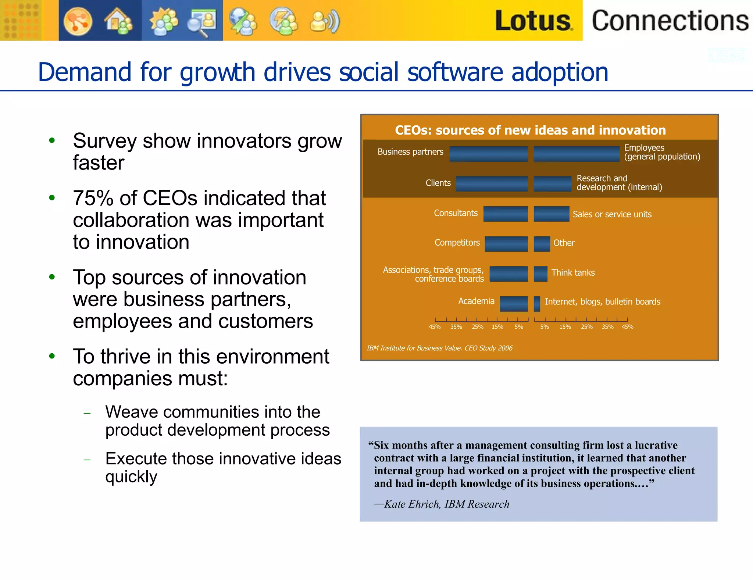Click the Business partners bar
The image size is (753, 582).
488,154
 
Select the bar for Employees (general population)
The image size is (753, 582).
576,154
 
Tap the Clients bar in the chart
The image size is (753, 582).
492,183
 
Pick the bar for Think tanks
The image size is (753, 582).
540,274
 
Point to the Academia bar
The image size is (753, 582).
514,304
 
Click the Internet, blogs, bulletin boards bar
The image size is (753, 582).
537,304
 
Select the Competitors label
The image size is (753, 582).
457,243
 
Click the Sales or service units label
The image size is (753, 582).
612,214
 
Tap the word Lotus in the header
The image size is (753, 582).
533,21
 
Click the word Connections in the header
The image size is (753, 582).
670,21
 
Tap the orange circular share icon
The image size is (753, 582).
78,21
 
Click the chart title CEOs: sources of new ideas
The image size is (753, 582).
530,130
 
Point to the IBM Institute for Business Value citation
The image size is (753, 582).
439,348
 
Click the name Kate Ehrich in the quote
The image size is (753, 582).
412,504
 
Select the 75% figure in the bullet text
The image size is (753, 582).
93,198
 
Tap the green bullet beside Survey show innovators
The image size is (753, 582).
52,140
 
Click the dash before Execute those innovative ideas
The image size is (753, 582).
87,460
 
